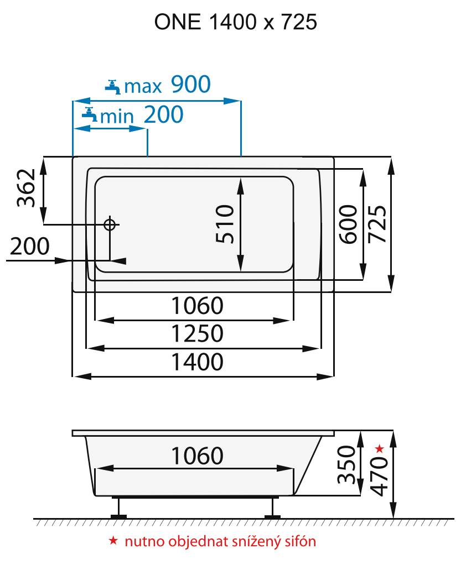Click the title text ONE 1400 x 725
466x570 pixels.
235,22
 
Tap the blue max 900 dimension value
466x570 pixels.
190,85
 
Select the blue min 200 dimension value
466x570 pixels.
163,114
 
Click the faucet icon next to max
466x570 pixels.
113,86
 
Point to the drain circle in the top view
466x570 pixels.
110,224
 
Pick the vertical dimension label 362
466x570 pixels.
26,188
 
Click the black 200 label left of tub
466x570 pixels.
29,247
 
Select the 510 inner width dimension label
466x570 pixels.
225,224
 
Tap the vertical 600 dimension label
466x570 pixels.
348,224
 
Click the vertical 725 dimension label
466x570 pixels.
377,224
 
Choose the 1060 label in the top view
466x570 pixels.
196,305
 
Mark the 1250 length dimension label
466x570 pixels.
196,334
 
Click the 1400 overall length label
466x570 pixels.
196,362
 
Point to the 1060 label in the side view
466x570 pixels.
196,456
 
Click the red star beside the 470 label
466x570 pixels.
379,448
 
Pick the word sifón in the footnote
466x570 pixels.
298,541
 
